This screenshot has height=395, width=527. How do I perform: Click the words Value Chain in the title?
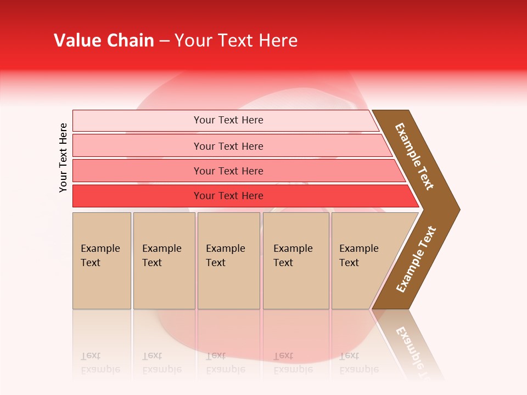click(104, 41)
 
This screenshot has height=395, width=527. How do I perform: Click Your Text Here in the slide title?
click(236, 41)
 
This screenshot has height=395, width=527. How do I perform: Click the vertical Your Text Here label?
click(64, 157)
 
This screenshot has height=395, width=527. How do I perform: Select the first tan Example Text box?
click(102, 261)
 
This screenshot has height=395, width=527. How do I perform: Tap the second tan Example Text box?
click(164, 261)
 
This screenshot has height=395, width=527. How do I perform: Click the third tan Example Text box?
click(228, 261)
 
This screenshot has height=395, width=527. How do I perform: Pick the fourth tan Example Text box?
click(296, 261)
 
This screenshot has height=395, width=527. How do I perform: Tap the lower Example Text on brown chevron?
click(416, 259)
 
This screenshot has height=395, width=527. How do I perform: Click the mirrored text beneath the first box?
click(100, 363)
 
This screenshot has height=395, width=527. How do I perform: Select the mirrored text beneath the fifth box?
click(359, 363)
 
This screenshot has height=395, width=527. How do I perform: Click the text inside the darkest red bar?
click(228, 196)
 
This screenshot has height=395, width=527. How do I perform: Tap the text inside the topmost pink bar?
click(228, 120)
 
